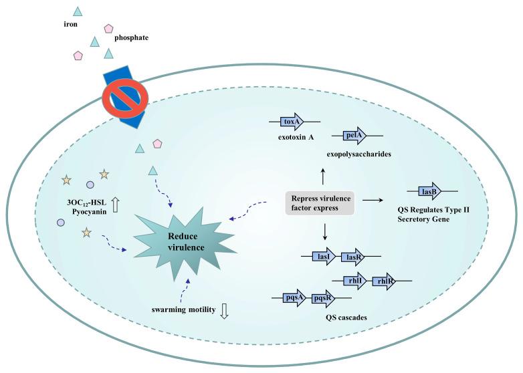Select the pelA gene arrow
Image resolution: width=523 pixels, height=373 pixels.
354,136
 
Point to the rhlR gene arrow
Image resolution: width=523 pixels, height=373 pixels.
383,281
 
